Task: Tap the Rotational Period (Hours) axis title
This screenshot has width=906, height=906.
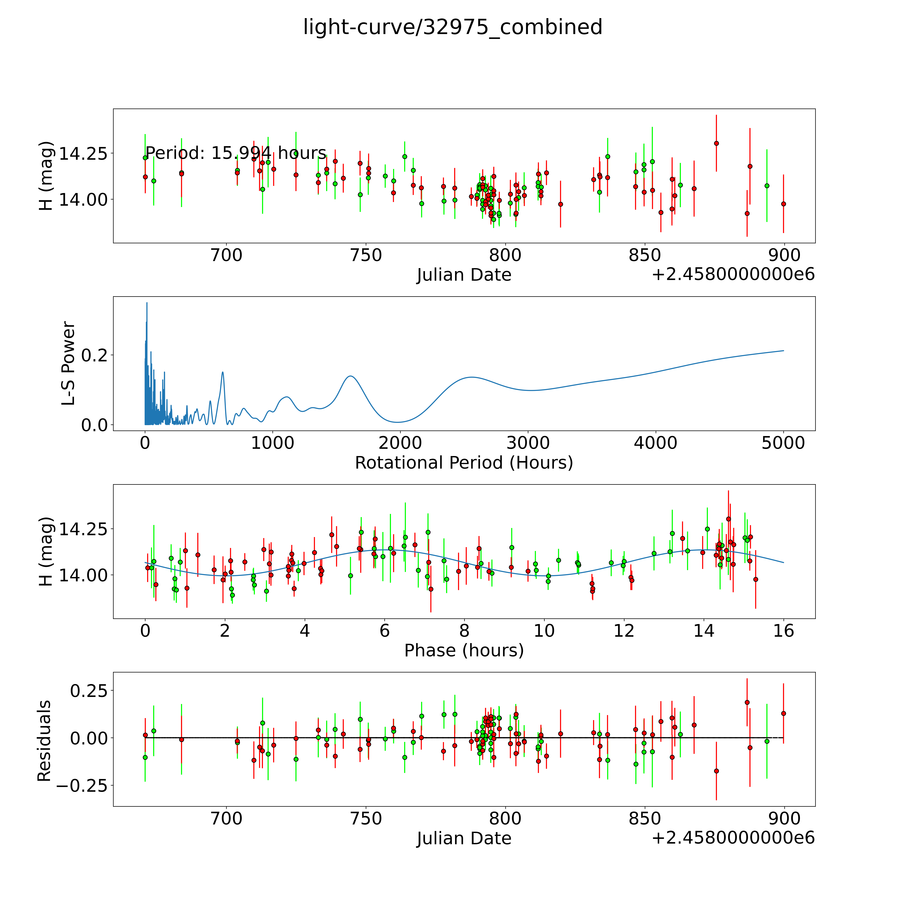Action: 464,463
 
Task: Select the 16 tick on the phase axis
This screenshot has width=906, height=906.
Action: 783,631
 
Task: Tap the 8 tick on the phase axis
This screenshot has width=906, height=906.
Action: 464,631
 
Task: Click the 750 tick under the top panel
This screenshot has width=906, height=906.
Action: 366,256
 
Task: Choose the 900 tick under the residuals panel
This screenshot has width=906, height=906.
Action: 784,819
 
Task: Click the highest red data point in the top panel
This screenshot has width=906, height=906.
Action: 716,143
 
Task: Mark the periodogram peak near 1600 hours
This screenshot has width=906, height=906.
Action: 350,376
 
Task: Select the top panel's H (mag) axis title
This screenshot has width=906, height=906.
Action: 46,176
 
